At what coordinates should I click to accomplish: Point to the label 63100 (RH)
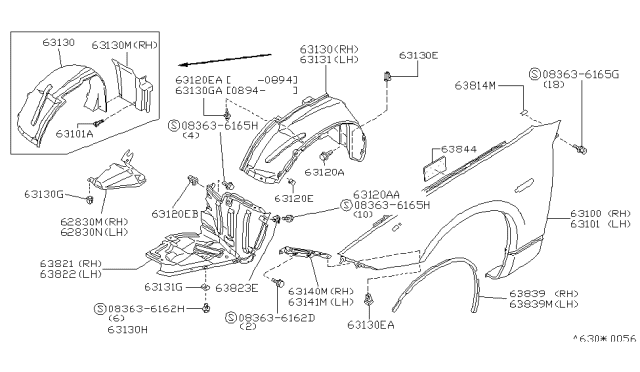pyautogui.click(x=601, y=214)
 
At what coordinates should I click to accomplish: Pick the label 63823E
pyautogui.click(x=239, y=287)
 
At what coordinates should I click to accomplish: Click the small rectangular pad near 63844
pyautogui.click(x=435, y=166)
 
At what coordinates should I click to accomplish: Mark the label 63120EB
pyautogui.click(x=175, y=213)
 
